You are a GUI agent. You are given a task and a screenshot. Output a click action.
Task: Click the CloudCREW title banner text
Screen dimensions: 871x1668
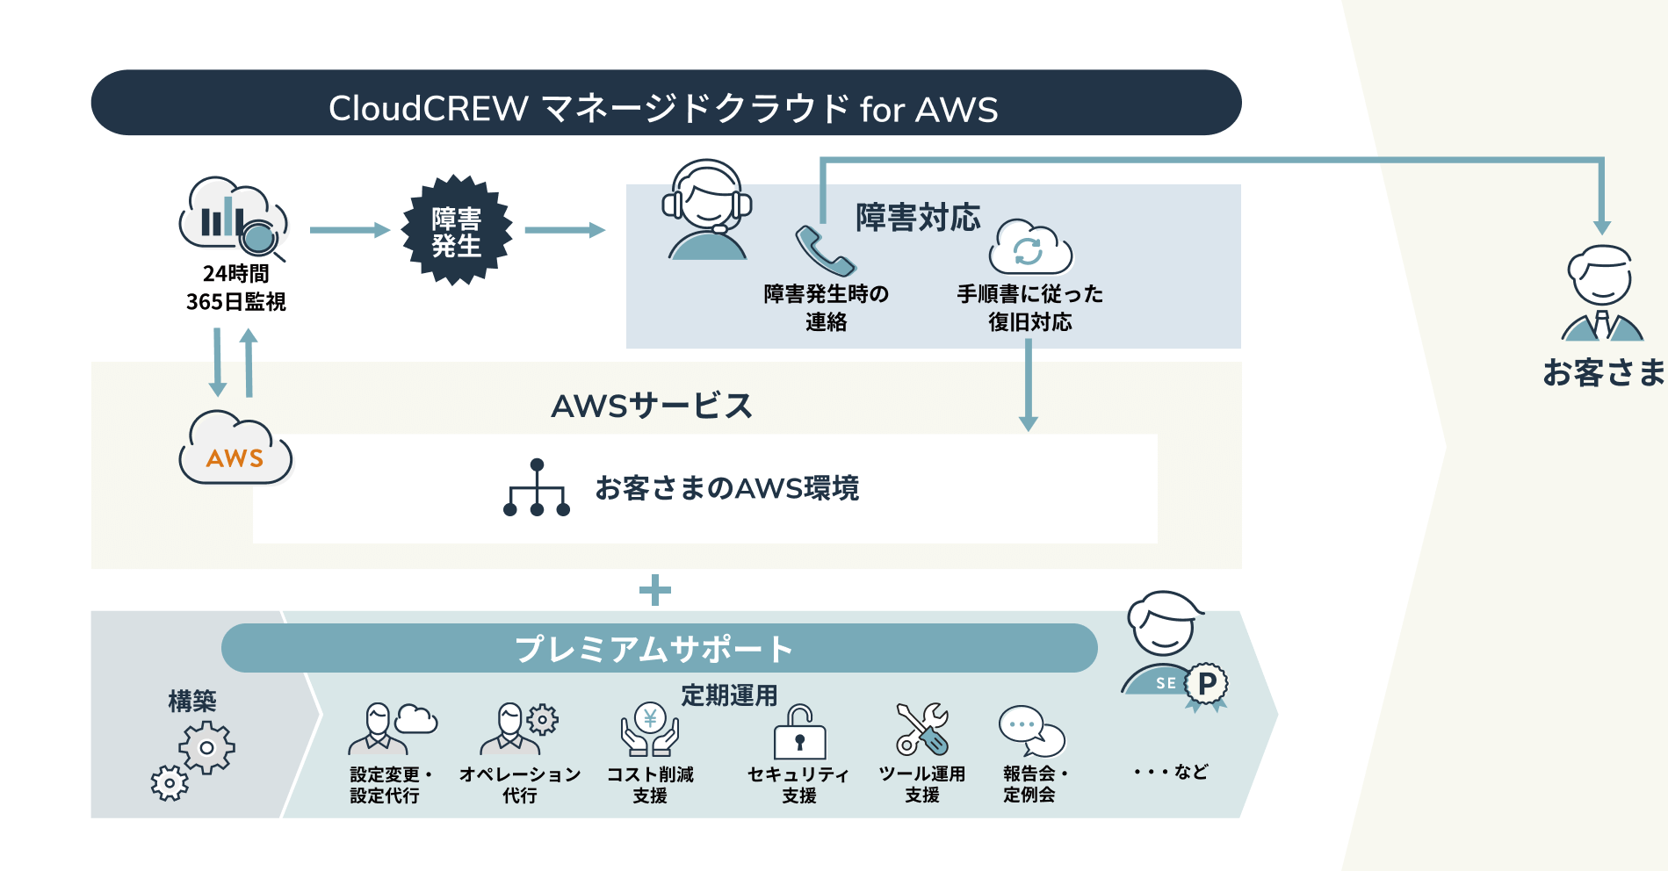click(x=663, y=109)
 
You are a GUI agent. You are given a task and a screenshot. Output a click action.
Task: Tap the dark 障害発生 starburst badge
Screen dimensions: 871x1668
click(x=456, y=231)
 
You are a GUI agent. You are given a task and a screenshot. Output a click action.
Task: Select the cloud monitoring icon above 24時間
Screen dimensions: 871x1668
click(x=233, y=217)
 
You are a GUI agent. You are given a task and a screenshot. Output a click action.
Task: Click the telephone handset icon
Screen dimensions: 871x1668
click(x=824, y=251)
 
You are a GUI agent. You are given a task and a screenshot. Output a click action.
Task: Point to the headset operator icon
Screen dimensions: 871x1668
click(x=707, y=210)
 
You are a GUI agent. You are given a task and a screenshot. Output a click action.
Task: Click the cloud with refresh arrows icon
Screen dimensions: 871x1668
click(x=1029, y=248)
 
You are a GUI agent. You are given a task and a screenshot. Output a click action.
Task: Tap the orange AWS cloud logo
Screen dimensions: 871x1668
click(x=235, y=450)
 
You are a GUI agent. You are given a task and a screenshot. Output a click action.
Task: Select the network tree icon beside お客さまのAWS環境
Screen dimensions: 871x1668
click(x=537, y=488)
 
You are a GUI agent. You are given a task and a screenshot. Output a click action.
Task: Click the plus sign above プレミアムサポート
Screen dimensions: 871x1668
click(x=654, y=590)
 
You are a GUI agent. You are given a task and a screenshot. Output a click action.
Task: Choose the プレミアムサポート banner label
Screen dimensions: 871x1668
click(x=654, y=649)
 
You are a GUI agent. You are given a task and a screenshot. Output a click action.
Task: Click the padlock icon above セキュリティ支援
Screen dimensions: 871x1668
click(x=799, y=732)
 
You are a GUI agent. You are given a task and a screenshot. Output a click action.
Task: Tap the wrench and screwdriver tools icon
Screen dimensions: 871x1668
click(x=922, y=730)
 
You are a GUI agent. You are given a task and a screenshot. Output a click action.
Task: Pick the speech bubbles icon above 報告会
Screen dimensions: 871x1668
click(x=1030, y=731)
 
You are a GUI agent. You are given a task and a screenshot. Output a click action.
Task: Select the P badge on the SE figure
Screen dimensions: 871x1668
click(x=1207, y=684)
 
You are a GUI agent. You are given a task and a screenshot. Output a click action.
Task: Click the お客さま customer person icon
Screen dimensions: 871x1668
click(x=1602, y=293)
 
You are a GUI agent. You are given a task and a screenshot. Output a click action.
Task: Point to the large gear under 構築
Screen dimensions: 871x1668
click(x=207, y=748)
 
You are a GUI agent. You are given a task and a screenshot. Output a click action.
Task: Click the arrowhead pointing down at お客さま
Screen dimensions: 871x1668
click(x=1602, y=227)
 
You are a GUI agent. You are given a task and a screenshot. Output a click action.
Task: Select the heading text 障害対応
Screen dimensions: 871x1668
click(x=918, y=217)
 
